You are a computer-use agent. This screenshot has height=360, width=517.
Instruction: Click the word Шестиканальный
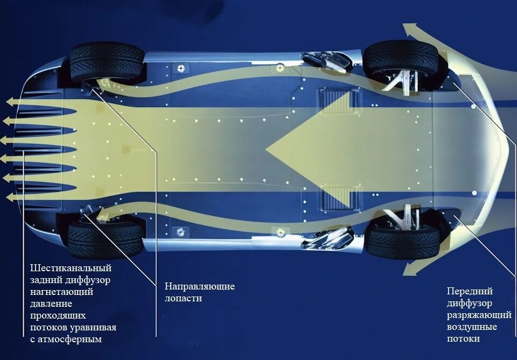pos(71,267)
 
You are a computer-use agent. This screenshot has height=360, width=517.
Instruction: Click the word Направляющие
pos(200,286)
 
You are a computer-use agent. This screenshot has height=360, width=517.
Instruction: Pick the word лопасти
pos(183,298)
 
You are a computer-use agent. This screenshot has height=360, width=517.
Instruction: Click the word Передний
pos(470,291)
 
